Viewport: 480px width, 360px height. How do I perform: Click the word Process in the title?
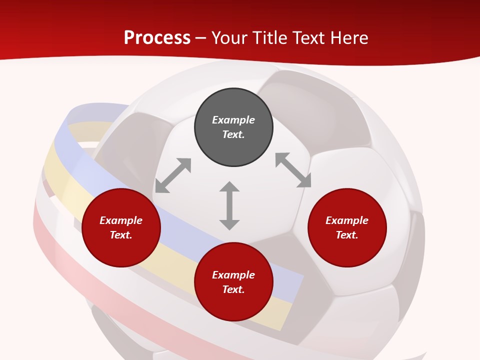157,37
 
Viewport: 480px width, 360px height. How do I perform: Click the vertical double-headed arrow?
229,205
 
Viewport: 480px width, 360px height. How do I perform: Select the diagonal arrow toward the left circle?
173,175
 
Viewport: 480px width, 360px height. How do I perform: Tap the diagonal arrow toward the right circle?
293,170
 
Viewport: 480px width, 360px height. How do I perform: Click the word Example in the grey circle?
233,120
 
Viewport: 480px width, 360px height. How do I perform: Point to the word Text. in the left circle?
121,235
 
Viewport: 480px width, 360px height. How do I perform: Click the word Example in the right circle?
347,220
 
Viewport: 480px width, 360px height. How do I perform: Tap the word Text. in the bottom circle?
233,289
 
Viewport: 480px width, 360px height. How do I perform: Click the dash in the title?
201,38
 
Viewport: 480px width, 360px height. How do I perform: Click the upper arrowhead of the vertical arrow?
229,186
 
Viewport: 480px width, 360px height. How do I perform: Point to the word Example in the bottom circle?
233,275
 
